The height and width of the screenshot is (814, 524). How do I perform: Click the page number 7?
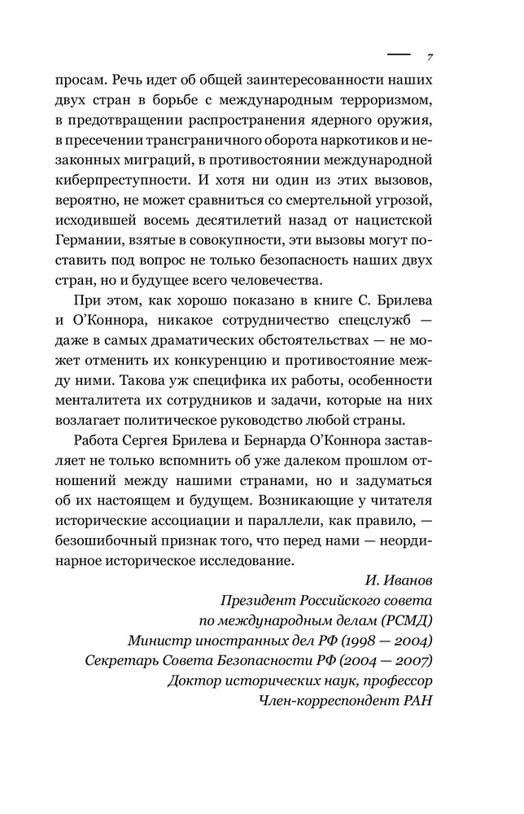point(429,58)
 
